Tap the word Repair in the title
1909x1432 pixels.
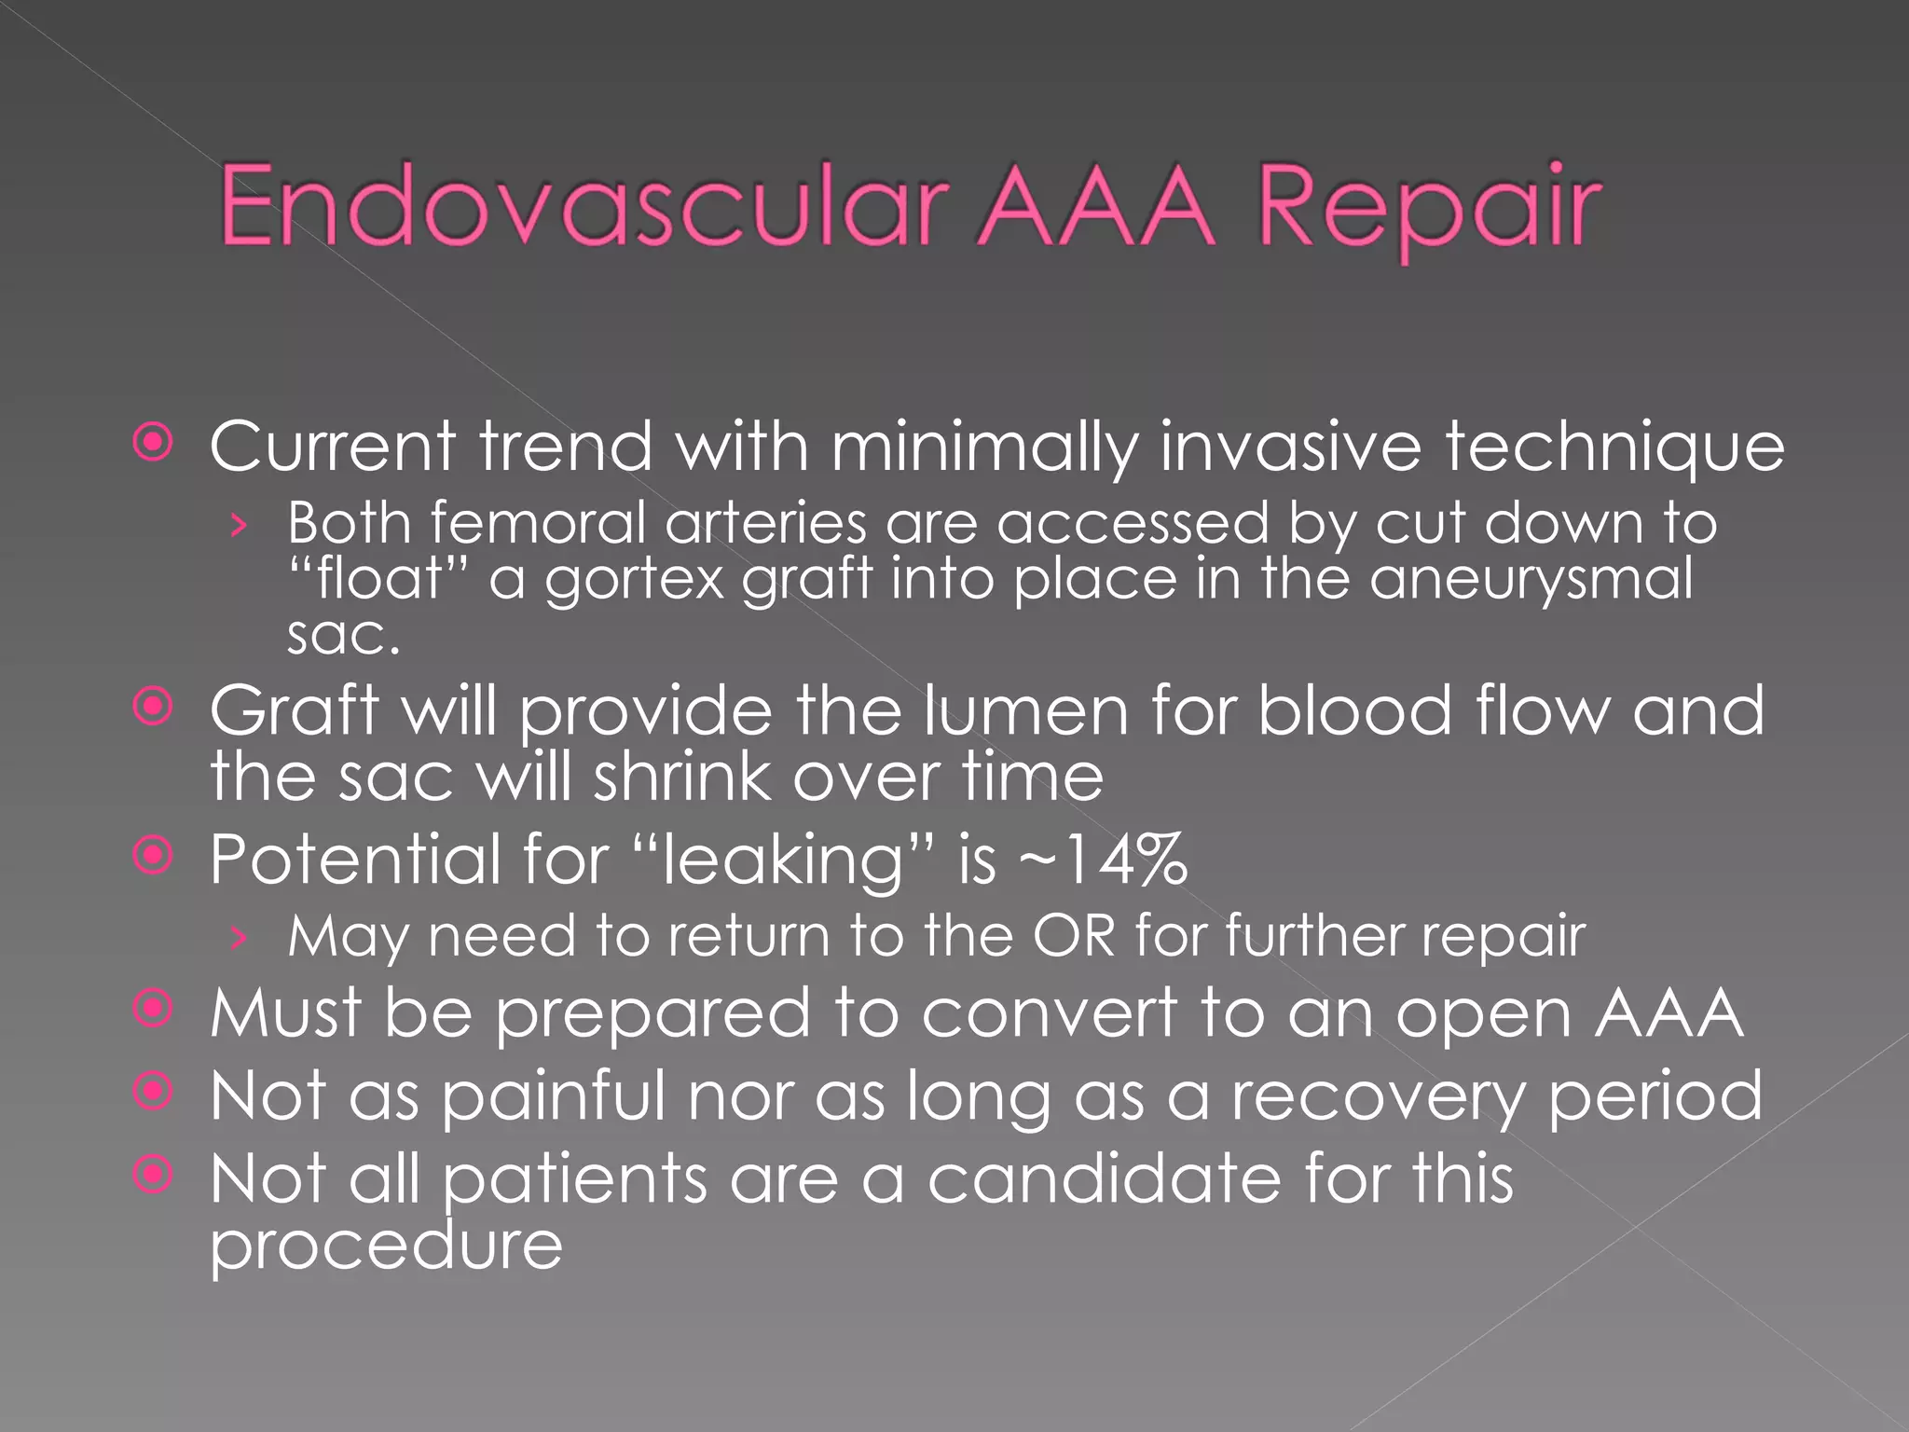tap(1429, 209)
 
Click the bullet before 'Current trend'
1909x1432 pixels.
tap(153, 443)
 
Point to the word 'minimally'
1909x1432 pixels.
tap(984, 448)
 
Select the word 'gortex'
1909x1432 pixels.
tap(635, 581)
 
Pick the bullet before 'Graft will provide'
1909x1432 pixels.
tap(153, 707)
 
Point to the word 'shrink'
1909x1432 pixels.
tap(681, 777)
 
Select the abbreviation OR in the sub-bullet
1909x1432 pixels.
tap(1074, 935)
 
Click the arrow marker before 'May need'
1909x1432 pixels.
tap(240, 937)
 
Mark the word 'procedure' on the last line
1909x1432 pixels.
tap(386, 1246)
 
